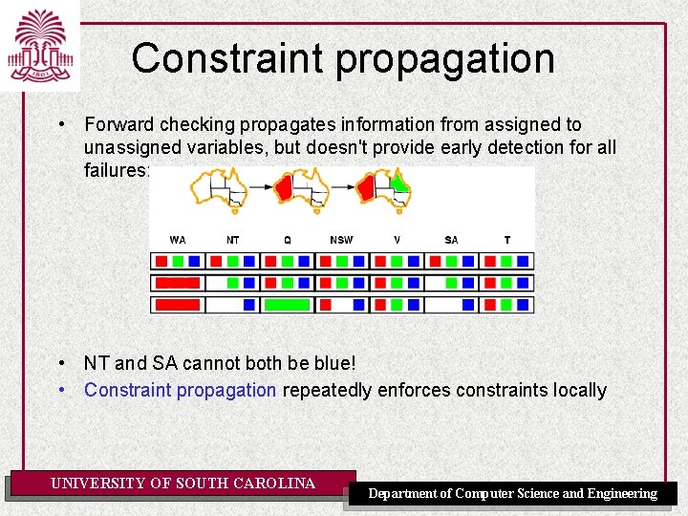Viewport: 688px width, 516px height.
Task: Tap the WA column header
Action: pyautogui.click(x=178, y=240)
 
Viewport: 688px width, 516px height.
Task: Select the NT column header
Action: pyautogui.click(x=233, y=240)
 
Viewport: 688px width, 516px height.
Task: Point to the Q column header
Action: pyautogui.click(x=288, y=240)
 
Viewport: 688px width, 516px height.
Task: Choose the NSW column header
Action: pyautogui.click(x=341, y=240)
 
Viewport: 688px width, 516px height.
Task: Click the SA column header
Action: pyautogui.click(x=451, y=240)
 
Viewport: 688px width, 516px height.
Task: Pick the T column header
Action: pyautogui.click(x=506, y=240)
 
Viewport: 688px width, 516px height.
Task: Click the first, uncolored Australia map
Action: pyautogui.click(x=220, y=188)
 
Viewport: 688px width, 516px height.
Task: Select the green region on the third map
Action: pyautogui.click(x=399, y=183)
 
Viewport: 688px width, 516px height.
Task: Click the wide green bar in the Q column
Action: pyautogui.click(x=288, y=305)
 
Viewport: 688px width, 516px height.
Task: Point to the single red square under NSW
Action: pyautogui.click(x=325, y=305)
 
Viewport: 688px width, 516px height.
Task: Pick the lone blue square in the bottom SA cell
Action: pyautogui.click(x=469, y=305)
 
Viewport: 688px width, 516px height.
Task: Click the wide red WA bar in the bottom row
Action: pyautogui.click(x=178, y=305)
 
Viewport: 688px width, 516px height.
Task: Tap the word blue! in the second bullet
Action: pyautogui.click(x=333, y=364)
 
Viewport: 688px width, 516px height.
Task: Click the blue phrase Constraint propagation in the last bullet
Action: pyautogui.click(x=181, y=391)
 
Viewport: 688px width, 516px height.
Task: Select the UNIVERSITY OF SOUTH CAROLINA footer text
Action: pyautogui.click(x=183, y=484)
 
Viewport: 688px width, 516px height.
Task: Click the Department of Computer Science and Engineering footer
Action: pyautogui.click(x=513, y=493)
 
